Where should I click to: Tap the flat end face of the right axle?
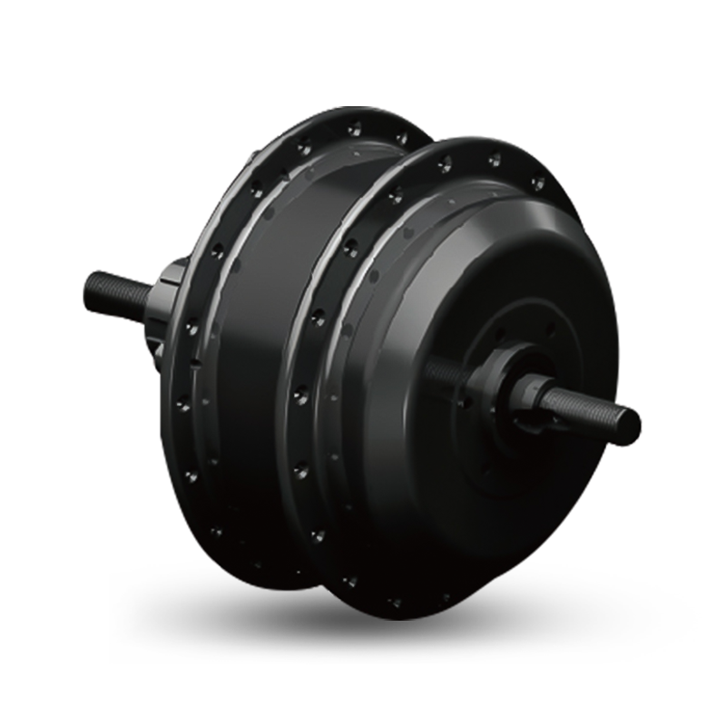point(629,422)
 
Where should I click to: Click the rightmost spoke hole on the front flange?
point(538,184)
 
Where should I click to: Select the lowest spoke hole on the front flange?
point(396,600)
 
